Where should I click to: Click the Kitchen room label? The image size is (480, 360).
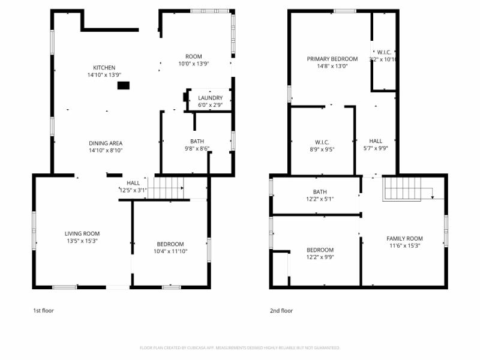click(x=104, y=67)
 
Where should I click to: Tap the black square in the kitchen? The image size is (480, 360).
click(x=123, y=86)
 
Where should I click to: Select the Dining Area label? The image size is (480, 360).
click(x=106, y=143)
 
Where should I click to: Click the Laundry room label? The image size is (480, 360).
click(x=210, y=98)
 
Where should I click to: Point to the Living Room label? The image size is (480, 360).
click(x=82, y=233)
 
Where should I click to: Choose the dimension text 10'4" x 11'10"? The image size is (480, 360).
click(x=170, y=252)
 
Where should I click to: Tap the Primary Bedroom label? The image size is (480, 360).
click(x=332, y=59)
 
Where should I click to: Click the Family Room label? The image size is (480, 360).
click(x=404, y=238)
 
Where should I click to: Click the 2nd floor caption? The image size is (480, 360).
click(x=281, y=311)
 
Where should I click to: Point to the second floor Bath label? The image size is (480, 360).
click(x=319, y=191)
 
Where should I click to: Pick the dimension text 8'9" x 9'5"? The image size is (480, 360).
click(x=322, y=149)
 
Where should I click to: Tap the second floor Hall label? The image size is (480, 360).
click(x=376, y=142)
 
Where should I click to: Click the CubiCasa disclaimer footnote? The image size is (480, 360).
click(x=240, y=347)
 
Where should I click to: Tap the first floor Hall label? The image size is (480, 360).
click(x=133, y=182)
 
